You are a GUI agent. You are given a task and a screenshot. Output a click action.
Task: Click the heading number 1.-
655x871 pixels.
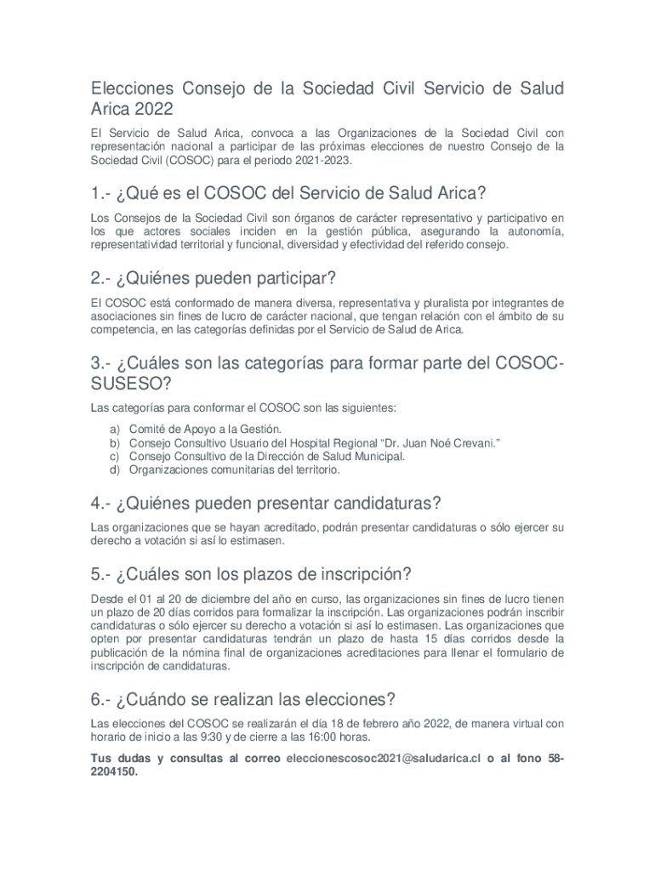pos(105,193)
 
